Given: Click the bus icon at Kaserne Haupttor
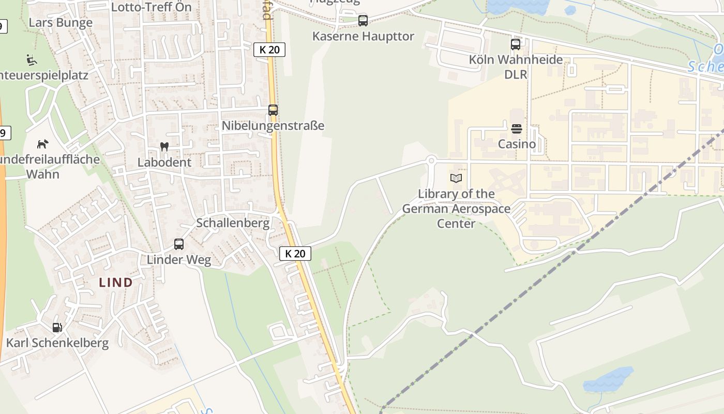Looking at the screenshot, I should point(363,21).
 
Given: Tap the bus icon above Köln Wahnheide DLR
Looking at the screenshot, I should point(516,45).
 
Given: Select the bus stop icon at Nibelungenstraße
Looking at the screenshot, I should point(273,110).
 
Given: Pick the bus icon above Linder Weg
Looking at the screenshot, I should point(179,244).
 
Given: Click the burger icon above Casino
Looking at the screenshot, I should point(517,129).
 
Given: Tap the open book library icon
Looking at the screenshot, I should point(456,179).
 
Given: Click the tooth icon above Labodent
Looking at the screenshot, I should point(164,147).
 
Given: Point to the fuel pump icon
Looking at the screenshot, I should point(57,328).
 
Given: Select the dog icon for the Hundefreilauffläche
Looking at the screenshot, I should point(43,144).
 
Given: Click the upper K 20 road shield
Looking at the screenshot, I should point(269,50).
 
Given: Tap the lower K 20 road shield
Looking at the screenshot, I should point(295,254).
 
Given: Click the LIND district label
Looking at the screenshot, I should point(116,283).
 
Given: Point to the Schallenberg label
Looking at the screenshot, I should point(233,223).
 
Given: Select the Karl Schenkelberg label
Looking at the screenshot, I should point(57,343).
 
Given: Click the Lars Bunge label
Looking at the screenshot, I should point(61,23).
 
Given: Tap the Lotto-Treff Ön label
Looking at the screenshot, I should point(152,7).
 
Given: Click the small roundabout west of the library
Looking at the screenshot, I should point(431,160).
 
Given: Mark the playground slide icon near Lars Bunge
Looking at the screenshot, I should point(32,60).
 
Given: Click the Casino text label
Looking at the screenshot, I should point(517,144).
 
